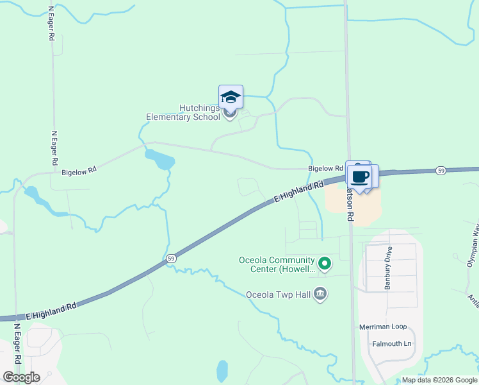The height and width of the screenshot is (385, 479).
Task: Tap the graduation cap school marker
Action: (231, 98)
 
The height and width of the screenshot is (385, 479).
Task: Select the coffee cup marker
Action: (360, 176)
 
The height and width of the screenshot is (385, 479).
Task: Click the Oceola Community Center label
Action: (277, 264)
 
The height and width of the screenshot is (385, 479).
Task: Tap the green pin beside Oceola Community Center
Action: (325, 263)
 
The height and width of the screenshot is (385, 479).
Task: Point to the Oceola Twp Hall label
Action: (280, 295)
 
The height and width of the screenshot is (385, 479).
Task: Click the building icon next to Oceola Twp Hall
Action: (321, 295)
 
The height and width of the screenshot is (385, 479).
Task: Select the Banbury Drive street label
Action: (387, 267)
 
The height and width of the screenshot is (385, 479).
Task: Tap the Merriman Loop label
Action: (384, 327)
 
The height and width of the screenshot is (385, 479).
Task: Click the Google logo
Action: (22, 377)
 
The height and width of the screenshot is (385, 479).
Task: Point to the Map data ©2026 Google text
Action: (439, 380)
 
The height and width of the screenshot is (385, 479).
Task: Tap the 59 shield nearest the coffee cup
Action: (441, 171)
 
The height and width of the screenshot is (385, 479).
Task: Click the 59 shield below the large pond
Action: (170, 258)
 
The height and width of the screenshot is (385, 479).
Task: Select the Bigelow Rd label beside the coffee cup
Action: (321, 168)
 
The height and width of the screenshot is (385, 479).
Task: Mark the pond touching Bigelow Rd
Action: (160, 159)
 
